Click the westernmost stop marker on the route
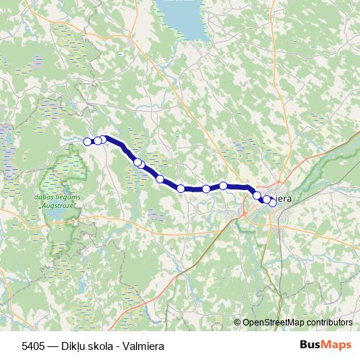[89, 141]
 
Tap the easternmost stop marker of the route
[272, 202]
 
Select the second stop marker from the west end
[98, 140]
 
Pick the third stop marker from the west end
[103, 139]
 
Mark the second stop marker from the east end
[266, 199]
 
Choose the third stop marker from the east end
[257, 195]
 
